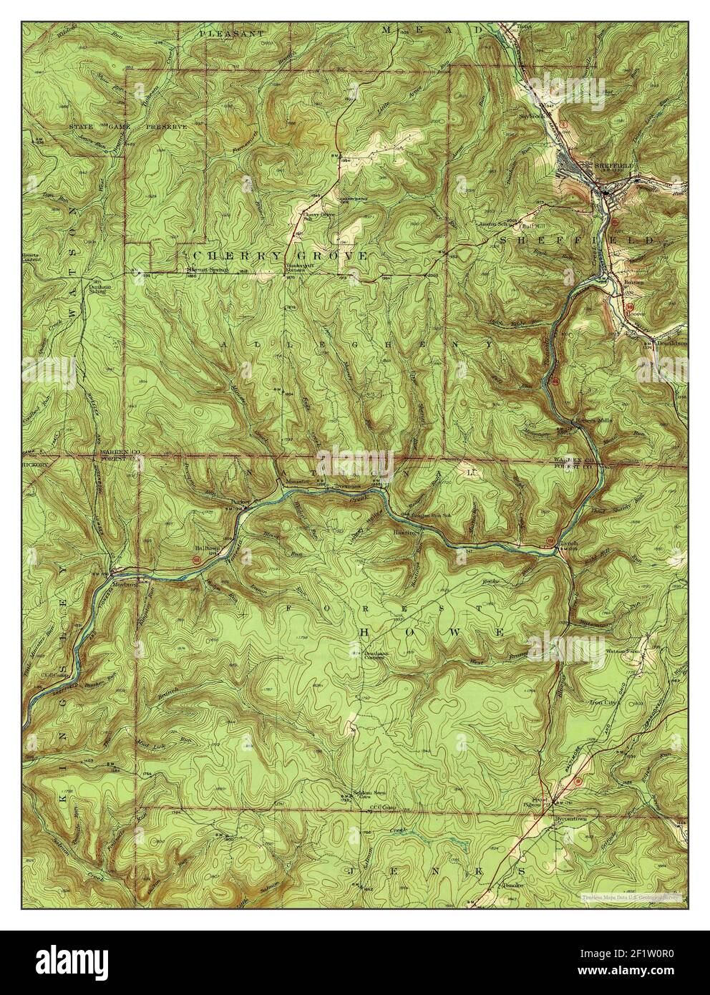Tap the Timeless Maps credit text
pyautogui.click(x=631, y=895)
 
